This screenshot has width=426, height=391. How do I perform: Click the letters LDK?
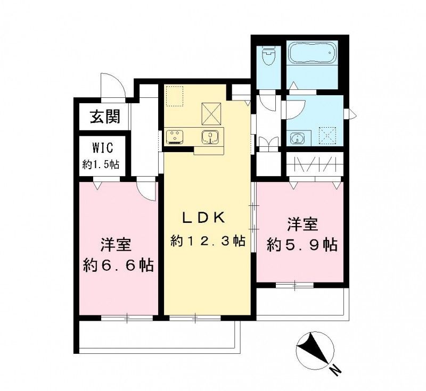point(206,218)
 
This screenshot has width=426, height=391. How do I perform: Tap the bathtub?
point(312,54)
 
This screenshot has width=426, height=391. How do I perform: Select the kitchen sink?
point(210,137)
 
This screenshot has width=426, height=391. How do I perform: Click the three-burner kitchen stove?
point(175,137)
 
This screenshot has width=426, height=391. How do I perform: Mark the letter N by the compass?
point(334,369)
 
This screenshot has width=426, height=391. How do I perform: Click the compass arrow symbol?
point(314,350)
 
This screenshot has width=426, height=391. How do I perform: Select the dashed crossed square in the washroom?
point(325,135)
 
